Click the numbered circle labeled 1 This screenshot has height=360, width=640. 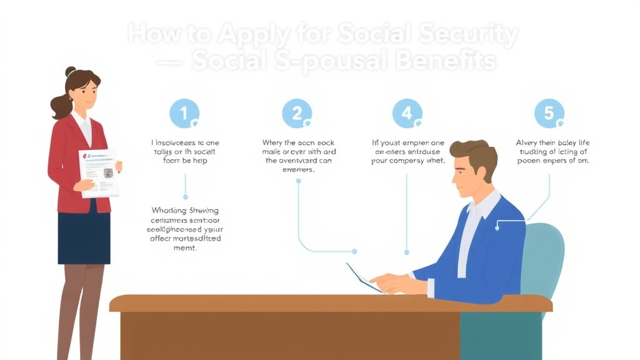click(x=184, y=114)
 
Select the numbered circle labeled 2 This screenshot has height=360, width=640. click(x=297, y=114)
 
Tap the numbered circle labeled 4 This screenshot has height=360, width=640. click(x=407, y=114)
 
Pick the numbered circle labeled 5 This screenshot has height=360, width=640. click(x=549, y=114)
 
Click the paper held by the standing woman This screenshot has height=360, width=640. click(x=99, y=172)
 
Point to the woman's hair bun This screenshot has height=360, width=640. click(x=71, y=72)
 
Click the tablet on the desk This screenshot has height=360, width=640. click(x=364, y=277)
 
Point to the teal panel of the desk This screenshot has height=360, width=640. click(x=500, y=335)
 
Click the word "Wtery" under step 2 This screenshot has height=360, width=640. click(x=274, y=142)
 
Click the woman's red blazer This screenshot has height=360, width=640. click(x=66, y=162)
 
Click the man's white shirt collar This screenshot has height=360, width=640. click(x=484, y=206)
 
